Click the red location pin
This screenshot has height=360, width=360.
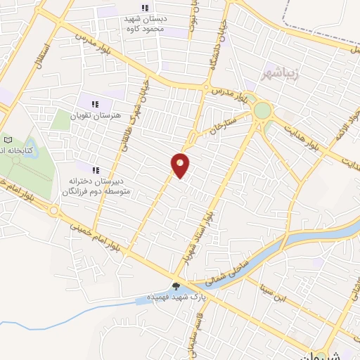point(181,165)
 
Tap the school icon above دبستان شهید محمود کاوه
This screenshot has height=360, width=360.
point(144,8)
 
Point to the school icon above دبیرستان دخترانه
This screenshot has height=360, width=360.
point(96,169)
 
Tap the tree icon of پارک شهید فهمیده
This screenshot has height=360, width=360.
point(175,285)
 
